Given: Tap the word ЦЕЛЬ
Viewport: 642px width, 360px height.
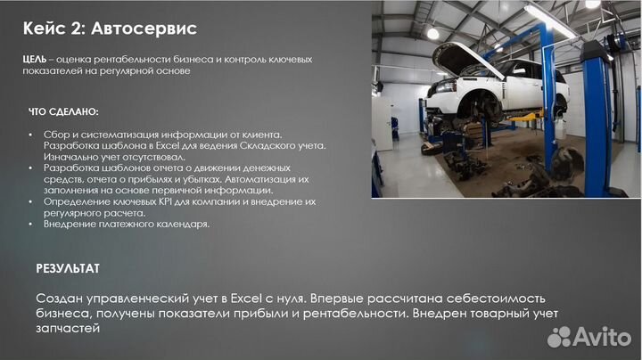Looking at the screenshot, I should tap(40, 59).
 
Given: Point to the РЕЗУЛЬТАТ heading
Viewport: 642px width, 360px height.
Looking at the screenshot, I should tap(68, 267).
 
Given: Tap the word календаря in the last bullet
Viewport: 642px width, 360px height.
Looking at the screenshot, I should tap(182, 225).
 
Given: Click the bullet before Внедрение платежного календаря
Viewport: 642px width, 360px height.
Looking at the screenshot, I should tap(32, 225).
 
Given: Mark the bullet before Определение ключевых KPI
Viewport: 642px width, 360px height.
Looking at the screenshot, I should tap(32, 202).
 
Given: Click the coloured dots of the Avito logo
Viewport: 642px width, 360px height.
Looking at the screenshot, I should tap(559, 337).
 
